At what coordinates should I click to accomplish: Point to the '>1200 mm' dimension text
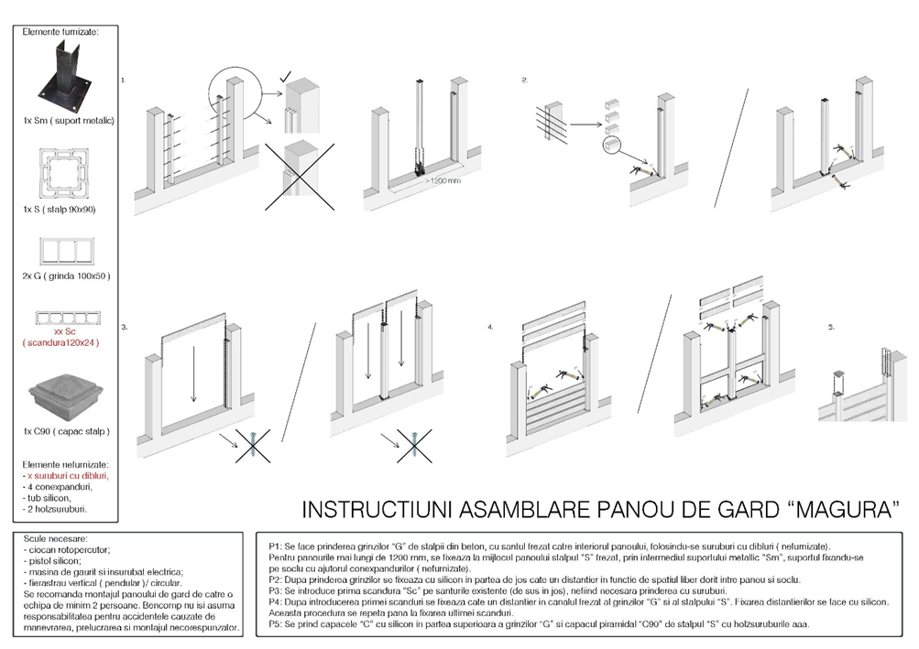(x=443, y=180)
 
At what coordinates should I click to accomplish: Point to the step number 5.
(x=831, y=326)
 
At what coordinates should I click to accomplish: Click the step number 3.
(x=125, y=326)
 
